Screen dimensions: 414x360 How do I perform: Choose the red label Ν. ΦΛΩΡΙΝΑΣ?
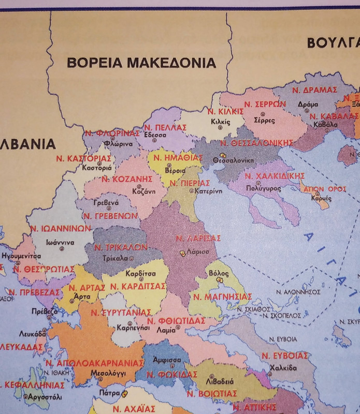tap(112, 132)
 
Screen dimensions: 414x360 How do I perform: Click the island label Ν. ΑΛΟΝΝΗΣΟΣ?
tap(304, 291)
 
